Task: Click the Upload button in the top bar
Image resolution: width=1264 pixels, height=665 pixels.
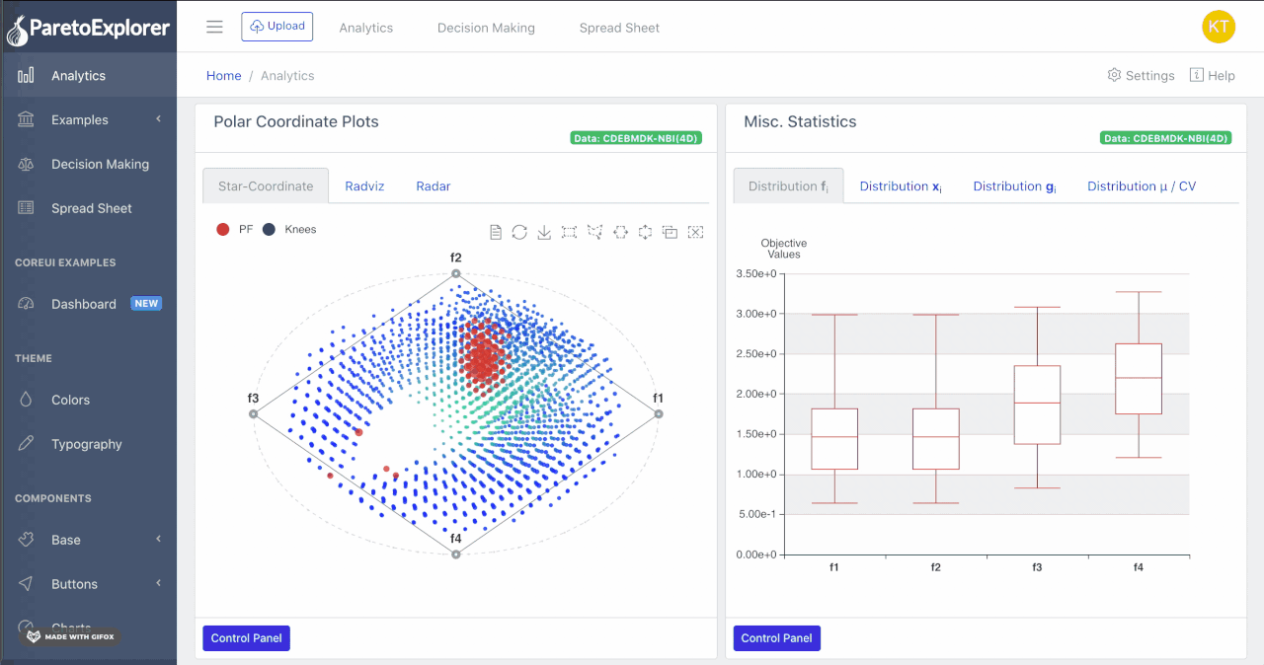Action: [x=276, y=27]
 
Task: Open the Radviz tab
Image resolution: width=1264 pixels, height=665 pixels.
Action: [x=364, y=185]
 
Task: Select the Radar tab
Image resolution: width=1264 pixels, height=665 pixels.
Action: [x=434, y=185]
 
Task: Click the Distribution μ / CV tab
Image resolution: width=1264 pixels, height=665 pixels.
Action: [x=1141, y=185]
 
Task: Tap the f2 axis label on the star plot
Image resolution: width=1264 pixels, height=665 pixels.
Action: [x=455, y=259]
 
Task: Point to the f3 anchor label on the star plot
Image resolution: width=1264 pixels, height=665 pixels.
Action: [x=253, y=399]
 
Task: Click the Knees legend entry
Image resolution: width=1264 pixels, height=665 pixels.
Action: [x=300, y=230]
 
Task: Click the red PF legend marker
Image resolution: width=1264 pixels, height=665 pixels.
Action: [x=223, y=230]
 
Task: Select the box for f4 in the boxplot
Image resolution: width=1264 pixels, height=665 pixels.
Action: [x=1138, y=379]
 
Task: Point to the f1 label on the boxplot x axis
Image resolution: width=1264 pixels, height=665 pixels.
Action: [x=834, y=567]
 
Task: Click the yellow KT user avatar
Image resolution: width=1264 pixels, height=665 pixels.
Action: [x=1218, y=27]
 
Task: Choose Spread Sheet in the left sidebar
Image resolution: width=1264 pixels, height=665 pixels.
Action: [x=91, y=208]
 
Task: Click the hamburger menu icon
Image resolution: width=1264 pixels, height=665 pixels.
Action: [x=214, y=27]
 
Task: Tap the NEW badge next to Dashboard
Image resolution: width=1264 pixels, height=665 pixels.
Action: [x=146, y=304]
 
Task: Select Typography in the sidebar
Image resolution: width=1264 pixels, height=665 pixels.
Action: [x=86, y=444]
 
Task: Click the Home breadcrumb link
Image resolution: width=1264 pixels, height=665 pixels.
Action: [x=223, y=76]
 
